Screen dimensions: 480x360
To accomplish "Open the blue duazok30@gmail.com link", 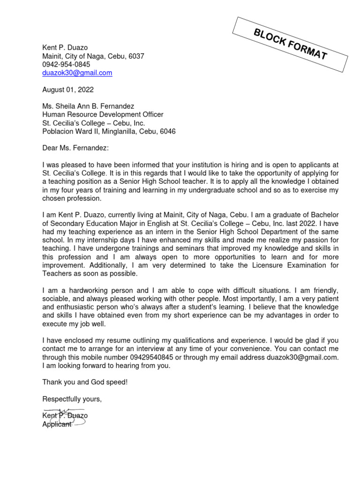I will [x=77, y=73].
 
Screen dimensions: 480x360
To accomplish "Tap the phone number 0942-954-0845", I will [x=66, y=64].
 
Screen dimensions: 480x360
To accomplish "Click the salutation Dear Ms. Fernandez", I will [x=75, y=148].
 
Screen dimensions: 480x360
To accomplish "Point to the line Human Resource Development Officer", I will [x=103, y=114].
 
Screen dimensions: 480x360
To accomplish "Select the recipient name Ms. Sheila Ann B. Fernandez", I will [x=88, y=106].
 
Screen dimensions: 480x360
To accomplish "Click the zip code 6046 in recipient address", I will [x=168, y=131].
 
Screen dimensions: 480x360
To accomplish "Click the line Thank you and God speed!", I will [x=85, y=382].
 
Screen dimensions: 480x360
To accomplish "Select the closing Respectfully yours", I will [x=72, y=399].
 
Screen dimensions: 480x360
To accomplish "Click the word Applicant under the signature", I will [x=57, y=424].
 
